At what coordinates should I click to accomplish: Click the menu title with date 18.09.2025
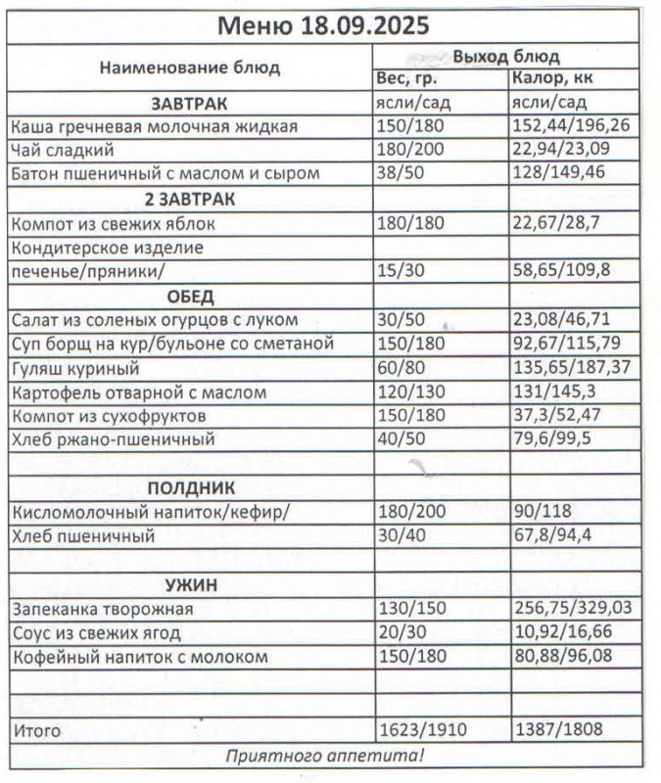322,24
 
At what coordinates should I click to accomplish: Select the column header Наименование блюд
189,68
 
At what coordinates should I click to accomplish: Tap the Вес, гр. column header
405,78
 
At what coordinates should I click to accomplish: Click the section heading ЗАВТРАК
189,103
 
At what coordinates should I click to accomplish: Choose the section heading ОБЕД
190,296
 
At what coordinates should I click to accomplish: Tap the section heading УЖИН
190,584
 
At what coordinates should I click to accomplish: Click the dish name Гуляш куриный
75,368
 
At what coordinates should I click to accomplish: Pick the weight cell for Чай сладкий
409,151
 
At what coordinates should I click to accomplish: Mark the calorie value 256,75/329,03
573,609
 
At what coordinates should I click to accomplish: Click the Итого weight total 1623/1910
424,730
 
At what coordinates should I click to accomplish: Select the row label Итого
36,730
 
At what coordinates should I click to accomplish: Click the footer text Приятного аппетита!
325,755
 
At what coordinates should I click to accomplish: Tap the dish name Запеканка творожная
102,609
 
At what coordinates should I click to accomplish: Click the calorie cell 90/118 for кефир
543,512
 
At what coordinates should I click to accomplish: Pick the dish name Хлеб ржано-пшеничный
113,439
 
